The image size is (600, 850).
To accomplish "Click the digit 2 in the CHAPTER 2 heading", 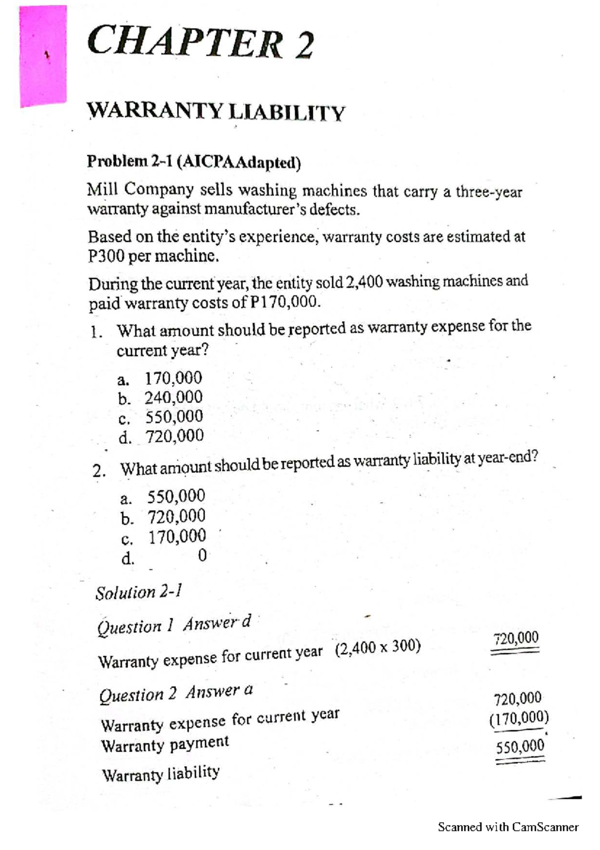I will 303,46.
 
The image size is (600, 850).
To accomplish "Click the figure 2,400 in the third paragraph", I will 364,282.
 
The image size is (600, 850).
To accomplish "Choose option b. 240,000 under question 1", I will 160,397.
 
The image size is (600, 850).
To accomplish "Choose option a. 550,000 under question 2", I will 163,497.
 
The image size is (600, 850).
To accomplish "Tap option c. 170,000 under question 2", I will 163,537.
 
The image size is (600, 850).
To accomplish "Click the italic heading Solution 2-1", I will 138,592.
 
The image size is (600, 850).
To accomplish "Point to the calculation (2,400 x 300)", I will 378,648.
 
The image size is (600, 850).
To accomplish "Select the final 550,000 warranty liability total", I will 520,746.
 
